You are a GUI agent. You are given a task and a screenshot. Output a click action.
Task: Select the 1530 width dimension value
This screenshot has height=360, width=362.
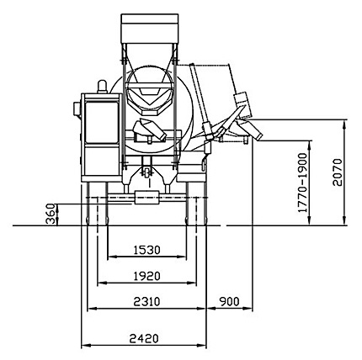147,250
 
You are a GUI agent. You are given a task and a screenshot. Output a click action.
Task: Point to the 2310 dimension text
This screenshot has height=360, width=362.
147,300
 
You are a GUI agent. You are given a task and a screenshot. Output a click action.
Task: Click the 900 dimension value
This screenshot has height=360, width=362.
229,300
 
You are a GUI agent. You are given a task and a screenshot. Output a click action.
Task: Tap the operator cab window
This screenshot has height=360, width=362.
103,118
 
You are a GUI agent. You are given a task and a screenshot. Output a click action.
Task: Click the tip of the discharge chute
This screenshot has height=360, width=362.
259,134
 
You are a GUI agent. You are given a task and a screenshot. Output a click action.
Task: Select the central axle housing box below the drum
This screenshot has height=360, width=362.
147,197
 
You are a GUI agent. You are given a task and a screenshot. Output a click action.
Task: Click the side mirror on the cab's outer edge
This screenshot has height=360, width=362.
77,109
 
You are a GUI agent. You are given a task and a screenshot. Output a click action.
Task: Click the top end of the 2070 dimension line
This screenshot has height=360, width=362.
346,120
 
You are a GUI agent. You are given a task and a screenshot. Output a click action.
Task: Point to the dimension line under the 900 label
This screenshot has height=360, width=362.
229,309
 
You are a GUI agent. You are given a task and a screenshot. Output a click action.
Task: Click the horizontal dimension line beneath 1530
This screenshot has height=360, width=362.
147,258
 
